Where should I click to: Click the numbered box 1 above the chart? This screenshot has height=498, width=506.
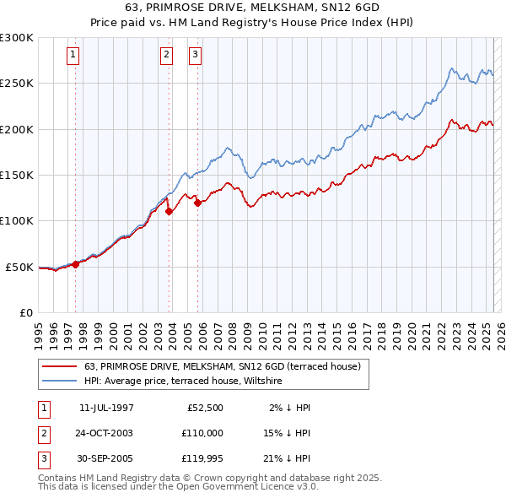coord(74,56)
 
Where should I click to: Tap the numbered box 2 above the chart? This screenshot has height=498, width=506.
coord(167,56)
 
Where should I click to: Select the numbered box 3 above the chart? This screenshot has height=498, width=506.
coord(195,56)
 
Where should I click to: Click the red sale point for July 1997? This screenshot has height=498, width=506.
coord(76,263)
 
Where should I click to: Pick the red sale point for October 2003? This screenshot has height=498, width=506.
coord(169,212)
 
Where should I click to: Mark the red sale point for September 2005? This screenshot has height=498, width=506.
coord(197,203)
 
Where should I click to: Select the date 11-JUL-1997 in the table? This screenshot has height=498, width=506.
coord(106,408)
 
